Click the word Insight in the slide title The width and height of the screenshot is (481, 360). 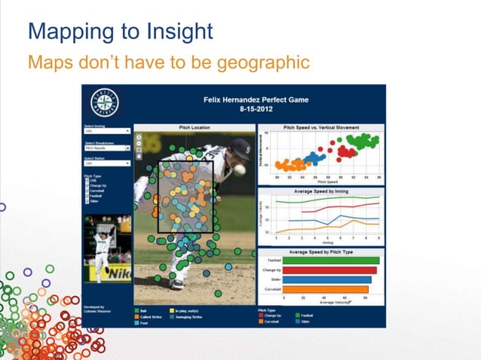(x=177, y=32)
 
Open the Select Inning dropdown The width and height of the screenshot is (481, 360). (x=106, y=131)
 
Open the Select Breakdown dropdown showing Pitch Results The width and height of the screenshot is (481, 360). (x=106, y=148)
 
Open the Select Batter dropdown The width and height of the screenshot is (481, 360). (x=106, y=163)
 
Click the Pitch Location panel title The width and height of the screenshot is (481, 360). (x=195, y=128)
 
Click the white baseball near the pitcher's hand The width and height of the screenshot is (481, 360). (x=240, y=170)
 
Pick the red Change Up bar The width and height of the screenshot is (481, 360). (x=330, y=270)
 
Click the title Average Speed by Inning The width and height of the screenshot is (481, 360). (x=321, y=191)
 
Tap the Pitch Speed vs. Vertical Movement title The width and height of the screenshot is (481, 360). (x=321, y=128)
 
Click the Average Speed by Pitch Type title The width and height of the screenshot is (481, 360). (x=321, y=252)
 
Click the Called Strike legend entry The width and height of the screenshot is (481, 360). (x=151, y=316)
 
